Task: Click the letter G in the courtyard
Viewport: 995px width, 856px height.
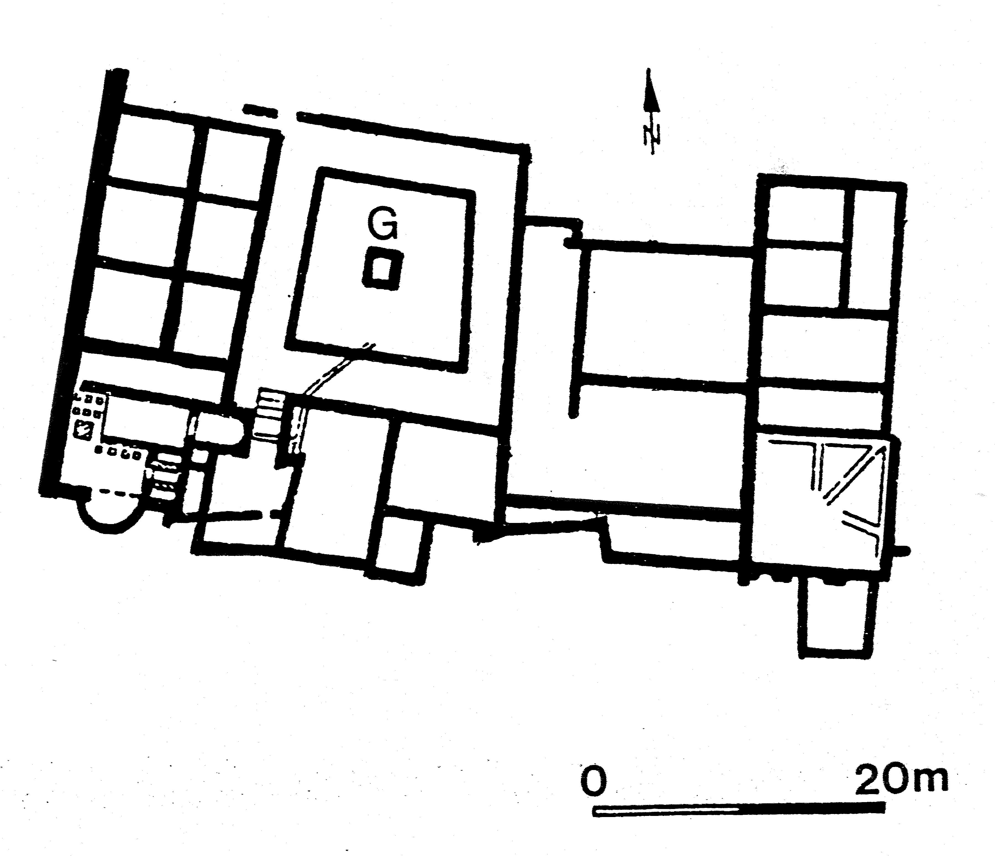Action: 382,224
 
